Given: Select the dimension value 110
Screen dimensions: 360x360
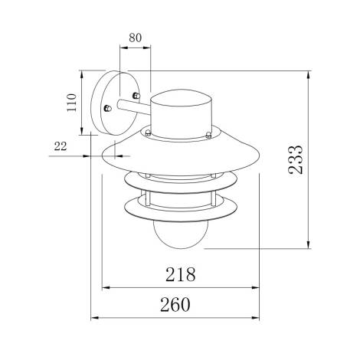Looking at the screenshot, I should tap(71, 103).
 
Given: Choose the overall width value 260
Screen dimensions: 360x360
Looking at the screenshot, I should tap(175, 304).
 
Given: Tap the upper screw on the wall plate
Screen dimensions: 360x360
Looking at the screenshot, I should tap(136, 96).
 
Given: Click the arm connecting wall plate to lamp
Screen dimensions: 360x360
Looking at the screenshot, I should tap(138, 116).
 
